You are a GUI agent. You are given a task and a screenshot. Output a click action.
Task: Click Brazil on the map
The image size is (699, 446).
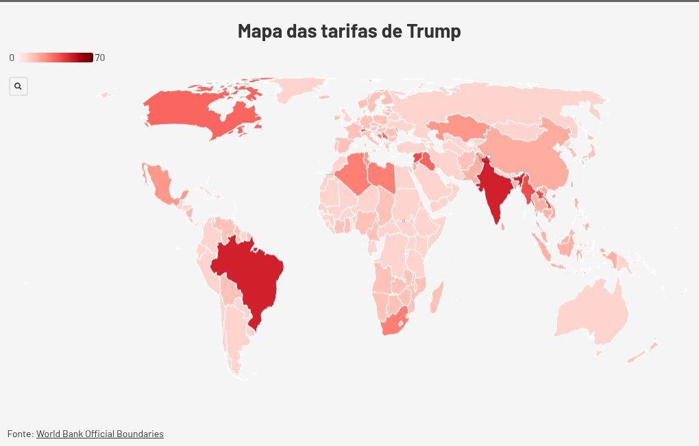pyautogui.click(x=250, y=274)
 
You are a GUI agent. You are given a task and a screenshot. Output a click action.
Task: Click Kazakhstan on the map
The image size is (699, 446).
pyautogui.click(x=456, y=127)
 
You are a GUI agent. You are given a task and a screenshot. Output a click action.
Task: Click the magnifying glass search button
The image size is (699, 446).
pyautogui.click(x=18, y=86)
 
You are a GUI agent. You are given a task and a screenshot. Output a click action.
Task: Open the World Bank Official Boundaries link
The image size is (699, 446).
pyautogui.click(x=100, y=434)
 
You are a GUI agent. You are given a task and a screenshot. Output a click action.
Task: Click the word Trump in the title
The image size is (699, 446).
pyautogui.click(x=434, y=31)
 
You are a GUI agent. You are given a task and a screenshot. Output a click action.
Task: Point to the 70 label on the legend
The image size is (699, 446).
pyautogui.click(x=100, y=58)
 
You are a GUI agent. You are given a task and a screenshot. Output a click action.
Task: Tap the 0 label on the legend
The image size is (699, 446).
pyautogui.click(x=12, y=58)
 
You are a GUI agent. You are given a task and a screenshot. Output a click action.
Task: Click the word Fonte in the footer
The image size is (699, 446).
pyautogui.click(x=19, y=434)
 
